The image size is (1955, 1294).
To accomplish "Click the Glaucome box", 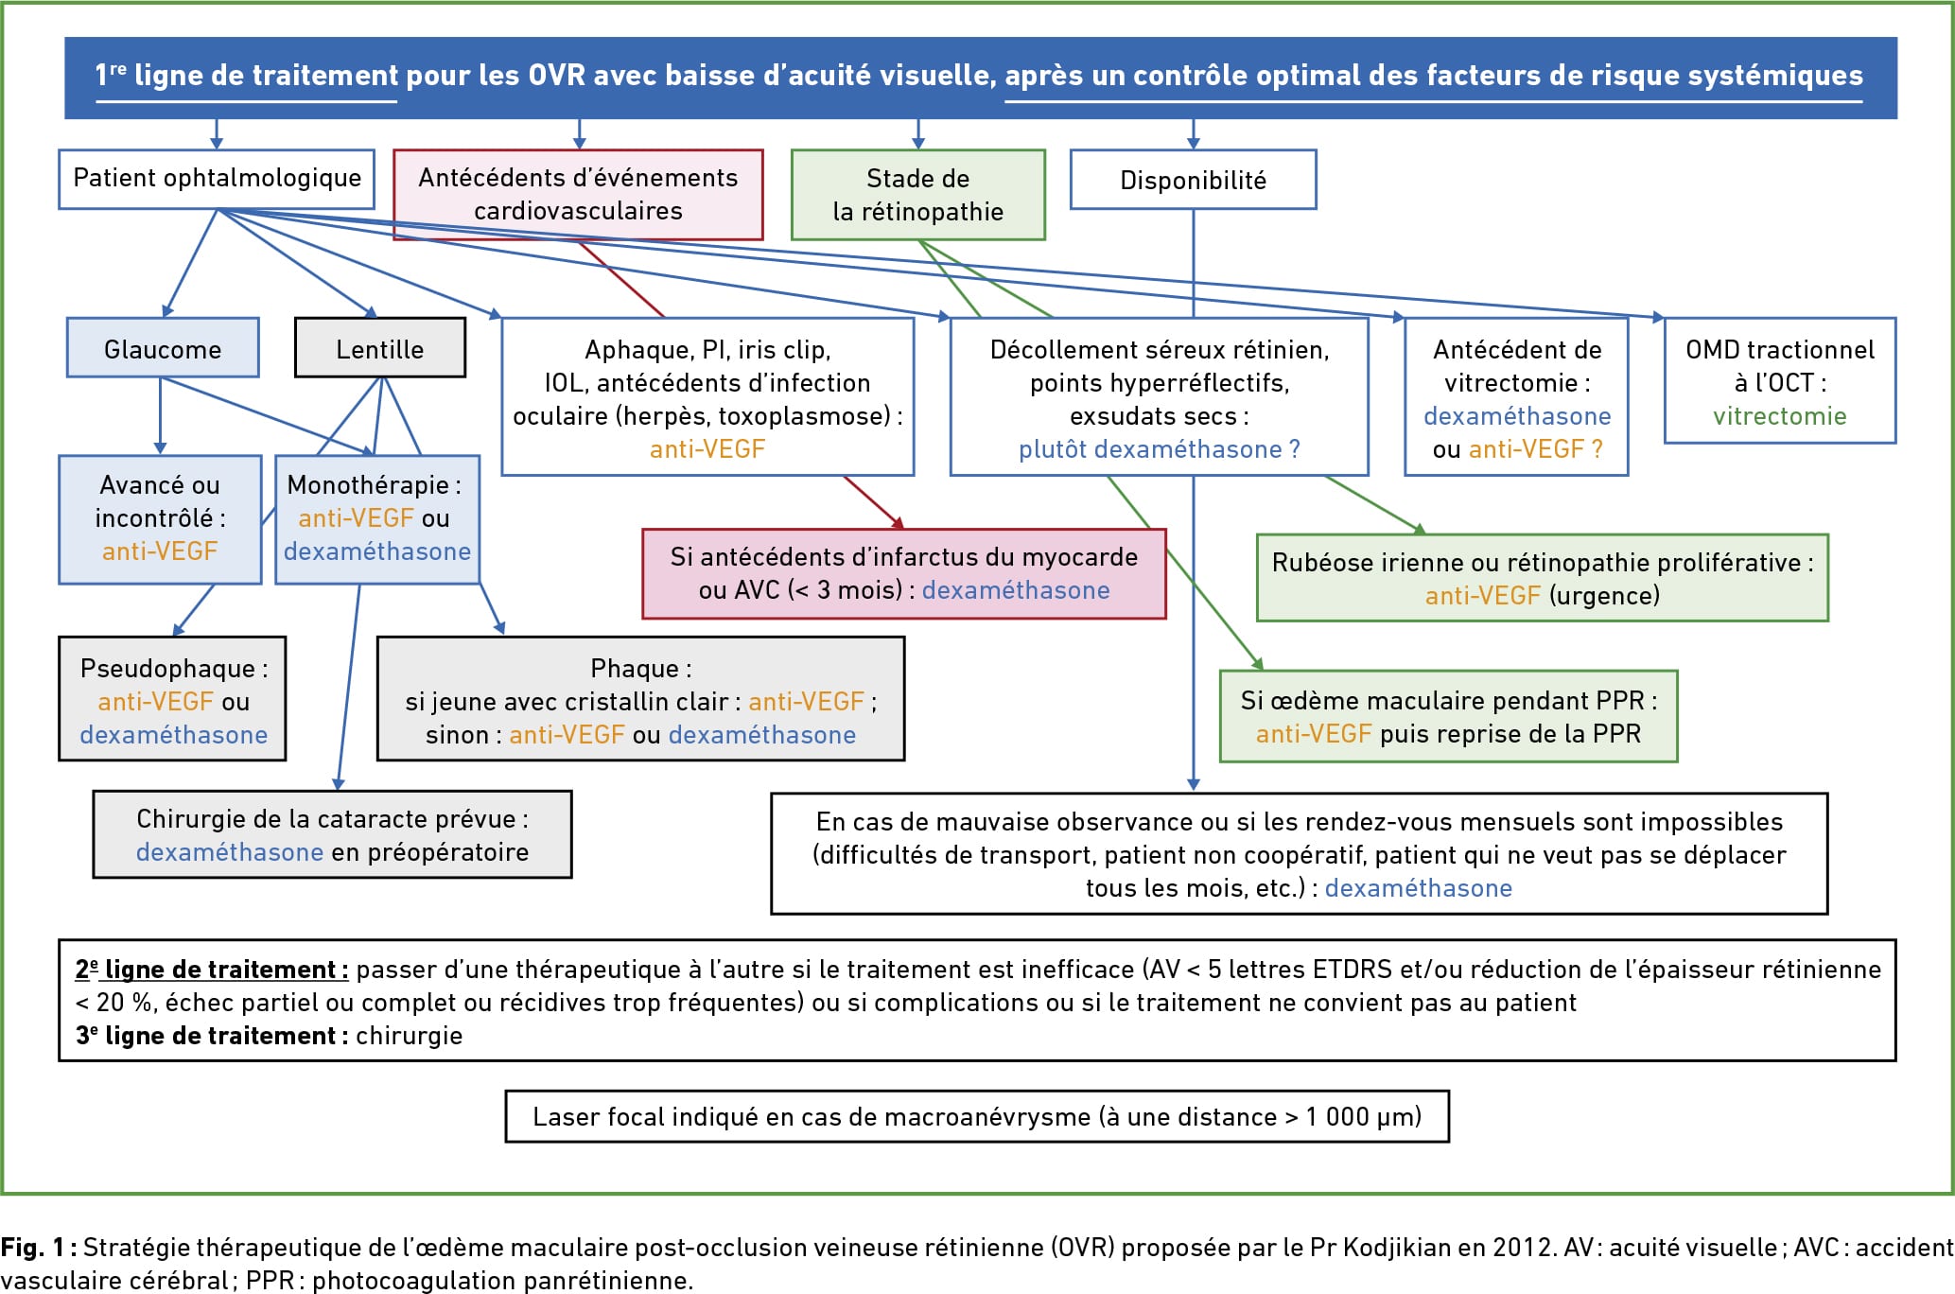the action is coord(163,347).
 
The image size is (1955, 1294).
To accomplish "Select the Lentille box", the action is coord(380,347).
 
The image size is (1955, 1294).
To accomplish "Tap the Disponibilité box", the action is coord(1193,179).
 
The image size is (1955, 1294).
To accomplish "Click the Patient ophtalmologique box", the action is coord(217,178).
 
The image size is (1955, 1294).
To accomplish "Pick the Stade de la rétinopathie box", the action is coord(917,194).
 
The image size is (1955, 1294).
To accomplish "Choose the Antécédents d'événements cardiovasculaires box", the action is coord(578,194).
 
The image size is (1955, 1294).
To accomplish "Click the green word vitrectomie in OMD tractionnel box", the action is coord(1779,416).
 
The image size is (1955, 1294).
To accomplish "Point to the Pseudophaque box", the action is coord(172,699).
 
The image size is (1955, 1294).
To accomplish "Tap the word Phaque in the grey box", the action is coord(634,669).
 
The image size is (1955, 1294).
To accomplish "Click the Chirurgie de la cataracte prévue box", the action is coord(332,835).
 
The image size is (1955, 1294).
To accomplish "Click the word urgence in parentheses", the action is coord(1604,596).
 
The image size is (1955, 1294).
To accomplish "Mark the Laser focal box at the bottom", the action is coord(977,1116).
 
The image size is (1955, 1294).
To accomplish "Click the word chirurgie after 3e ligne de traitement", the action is coord(409,1036).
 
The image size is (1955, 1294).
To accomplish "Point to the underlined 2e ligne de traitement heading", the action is coord(212,970).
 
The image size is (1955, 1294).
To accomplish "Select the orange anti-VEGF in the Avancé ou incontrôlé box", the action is coord(160,551).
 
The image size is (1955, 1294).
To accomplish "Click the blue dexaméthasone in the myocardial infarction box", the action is coord(1016,590).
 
